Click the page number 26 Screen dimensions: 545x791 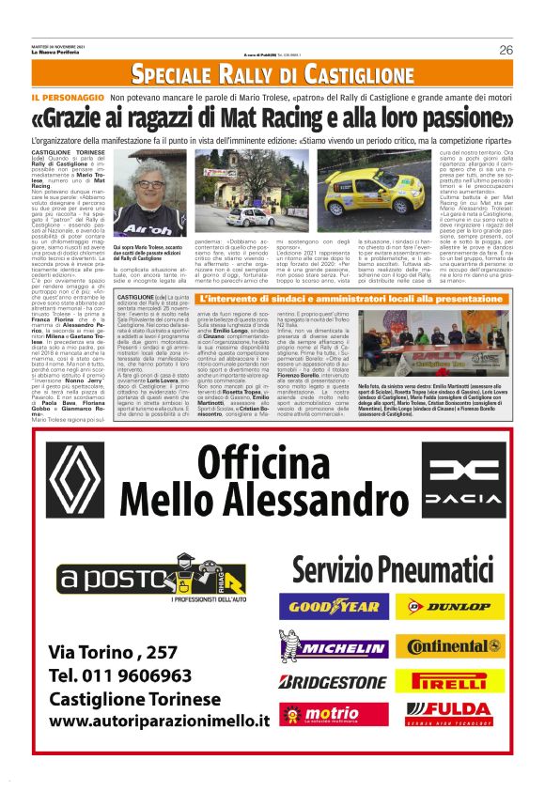coord(505,50)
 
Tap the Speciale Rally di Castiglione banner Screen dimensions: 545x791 coord(272,73)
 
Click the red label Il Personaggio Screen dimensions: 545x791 coord(67,98)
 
